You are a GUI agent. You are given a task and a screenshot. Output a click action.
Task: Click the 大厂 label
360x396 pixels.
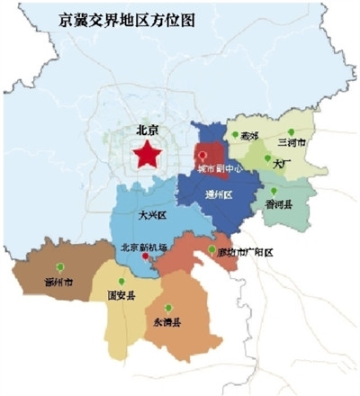(x=281, y=165)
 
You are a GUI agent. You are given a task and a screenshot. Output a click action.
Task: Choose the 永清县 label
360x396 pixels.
(x=167, y=321)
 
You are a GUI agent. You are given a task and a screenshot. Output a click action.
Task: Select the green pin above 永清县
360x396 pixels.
(x=168, y=308)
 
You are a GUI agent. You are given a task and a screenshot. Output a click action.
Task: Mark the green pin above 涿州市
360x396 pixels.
(x=60, y=267)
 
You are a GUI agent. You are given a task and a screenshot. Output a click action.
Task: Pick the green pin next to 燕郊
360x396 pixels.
(x=234, y=135)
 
